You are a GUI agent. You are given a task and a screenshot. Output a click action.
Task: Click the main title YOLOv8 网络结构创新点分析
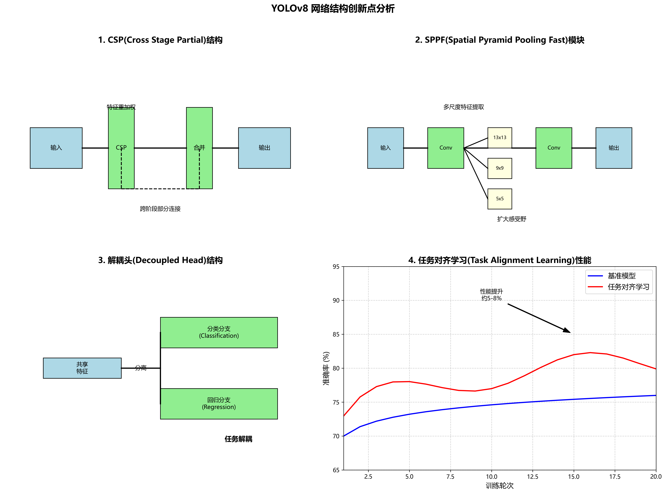(x=333, y=8)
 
